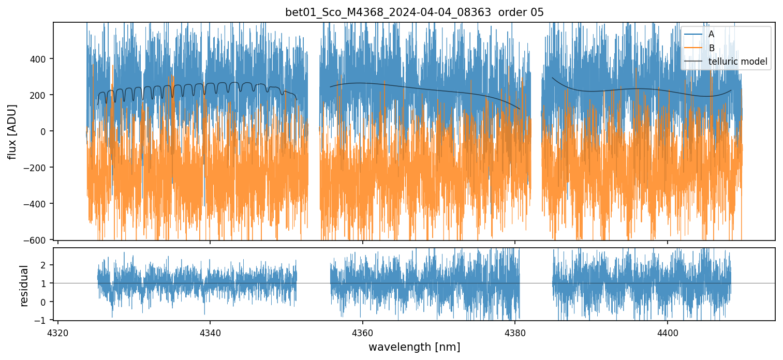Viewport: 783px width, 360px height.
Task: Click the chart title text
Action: pos(415,12)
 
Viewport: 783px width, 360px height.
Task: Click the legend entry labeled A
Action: pos(711,34)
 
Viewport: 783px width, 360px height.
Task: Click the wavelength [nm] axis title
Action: pos(414,347)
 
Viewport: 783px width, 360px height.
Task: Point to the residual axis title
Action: pos(24,286)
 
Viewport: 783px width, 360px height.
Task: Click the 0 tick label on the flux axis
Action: pos(44,131)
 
